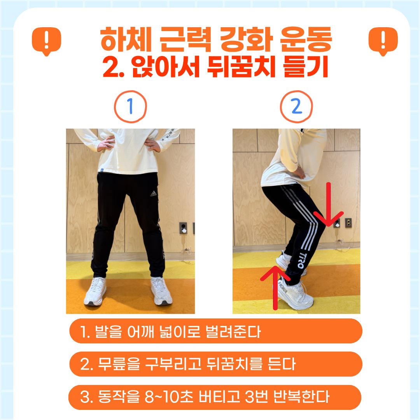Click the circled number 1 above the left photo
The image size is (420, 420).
tap(130, 106)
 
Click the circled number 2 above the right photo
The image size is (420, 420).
tap(296, 106)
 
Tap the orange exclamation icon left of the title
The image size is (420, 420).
tap(47, 41)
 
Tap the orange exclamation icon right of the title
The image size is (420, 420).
tap(383, 41)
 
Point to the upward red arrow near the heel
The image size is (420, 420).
tap(275, 287)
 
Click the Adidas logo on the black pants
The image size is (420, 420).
tap(153, 193)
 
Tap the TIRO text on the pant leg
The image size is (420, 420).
tap(301, 260)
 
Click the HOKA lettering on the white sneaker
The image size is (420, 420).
tap(283, 287)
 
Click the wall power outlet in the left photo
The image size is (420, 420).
tap(183, 228)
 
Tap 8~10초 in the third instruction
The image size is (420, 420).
tap(169, 397)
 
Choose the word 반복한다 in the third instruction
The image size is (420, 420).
tap(301, 397)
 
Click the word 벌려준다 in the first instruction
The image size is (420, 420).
tap(233, 332)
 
